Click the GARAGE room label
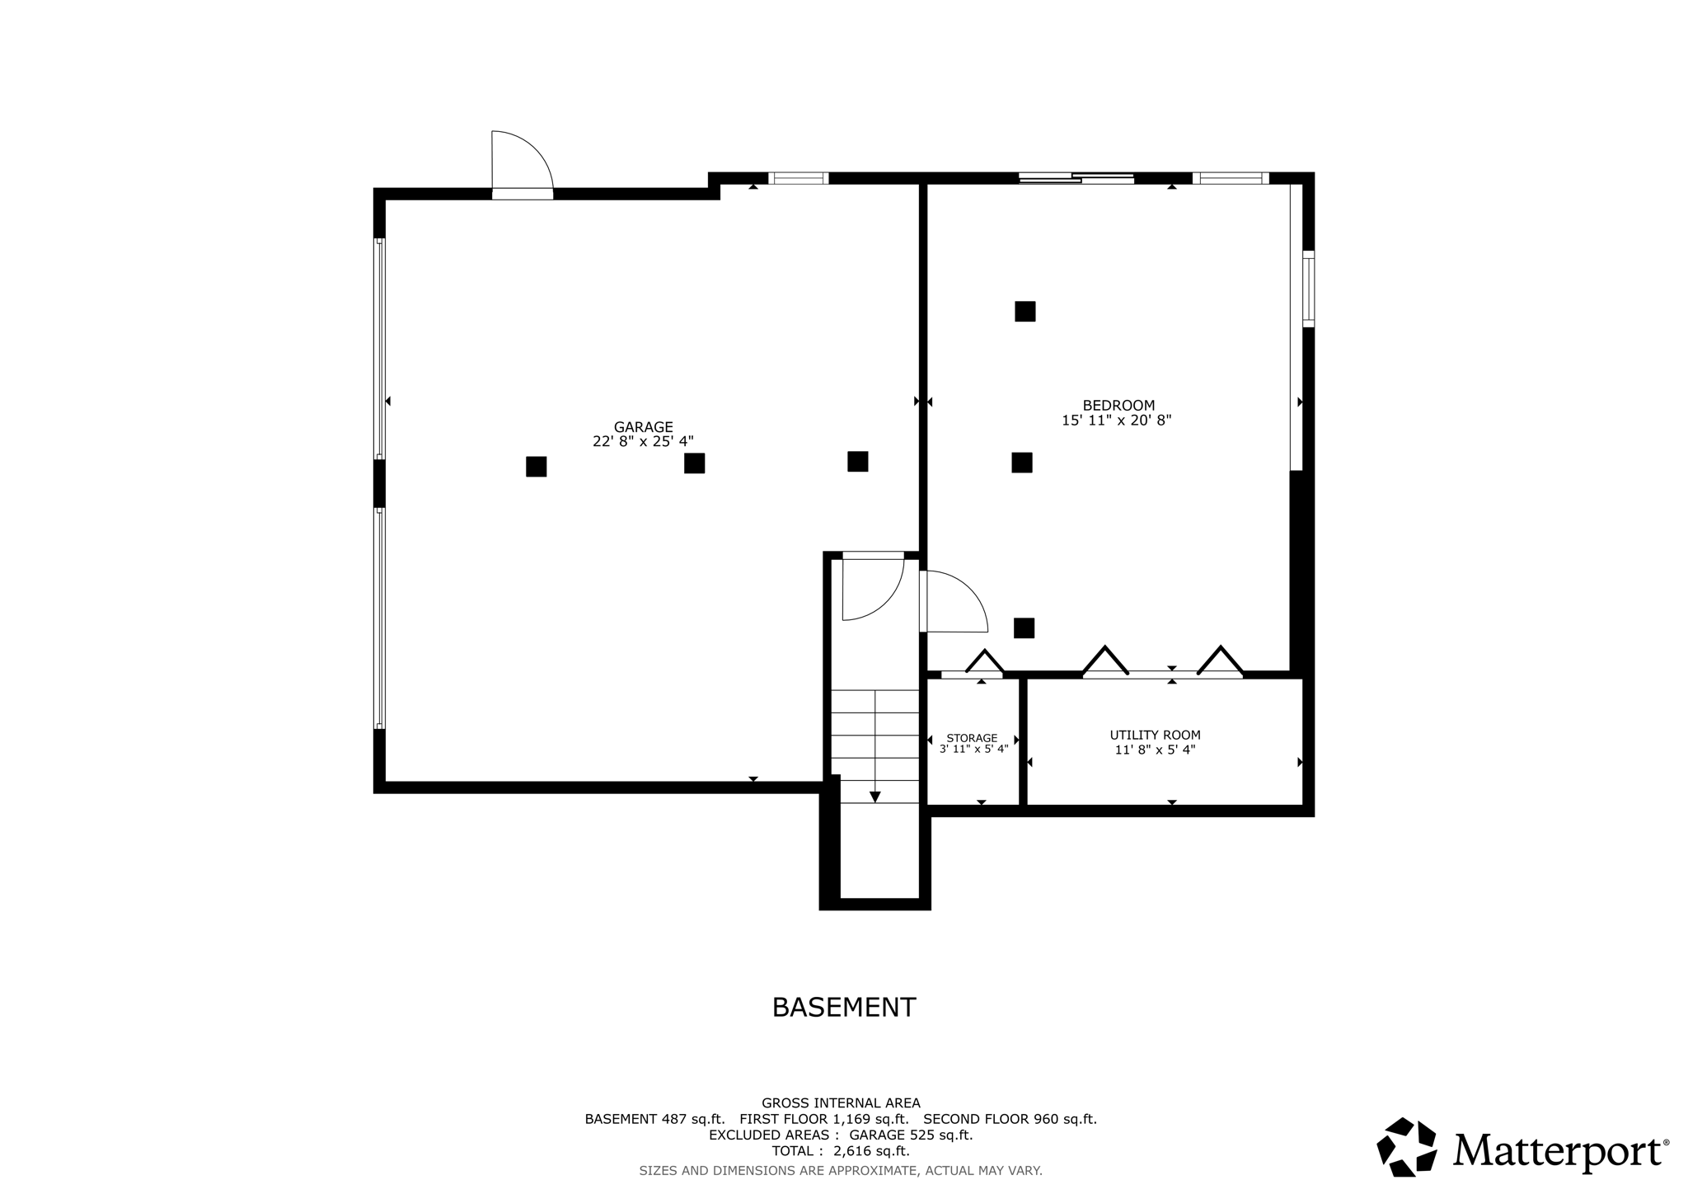point(643,427)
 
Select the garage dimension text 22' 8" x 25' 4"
point(643,442)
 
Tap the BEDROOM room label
point(1118,406)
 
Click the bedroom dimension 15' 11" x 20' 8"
point(1116,421)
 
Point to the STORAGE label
point(972,738)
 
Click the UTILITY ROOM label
point(1155,736)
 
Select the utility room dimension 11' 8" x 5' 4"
point(1155,750)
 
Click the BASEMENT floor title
point(843,1008)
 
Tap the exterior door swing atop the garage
point(519,163)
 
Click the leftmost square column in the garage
point(536,467)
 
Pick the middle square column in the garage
point(694,463)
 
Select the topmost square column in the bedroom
point(1025,311)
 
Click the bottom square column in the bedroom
point(1024,628)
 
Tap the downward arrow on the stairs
point(874,796)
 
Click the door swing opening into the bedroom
point(954,602)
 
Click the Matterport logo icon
point(1406,1147)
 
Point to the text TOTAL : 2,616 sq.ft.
point(840,1151)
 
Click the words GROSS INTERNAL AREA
point(840,1103)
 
